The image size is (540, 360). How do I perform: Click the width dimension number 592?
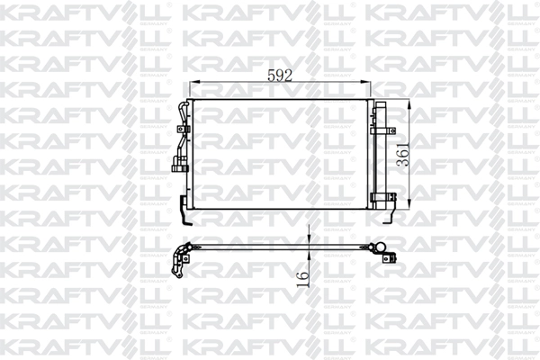282,76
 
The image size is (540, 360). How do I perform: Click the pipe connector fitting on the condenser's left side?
177,166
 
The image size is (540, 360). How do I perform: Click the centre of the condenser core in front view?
281,154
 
